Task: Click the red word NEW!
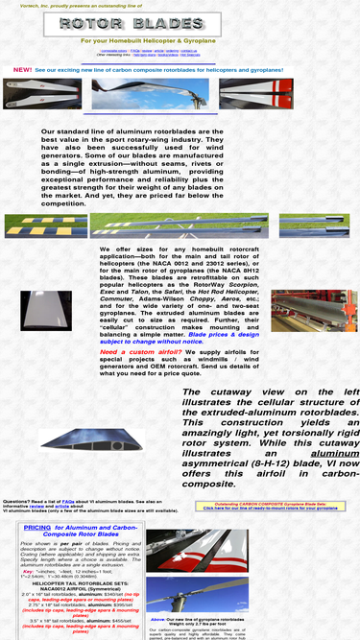coord(22,70)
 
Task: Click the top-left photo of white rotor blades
coord(41,94)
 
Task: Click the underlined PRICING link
coord(37,527)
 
